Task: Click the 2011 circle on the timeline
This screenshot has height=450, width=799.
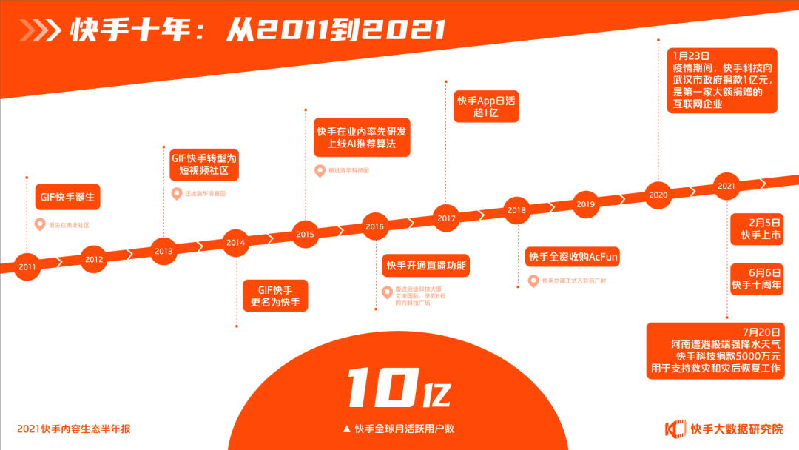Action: [27, 266]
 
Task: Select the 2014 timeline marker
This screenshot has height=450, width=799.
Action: [235, 242]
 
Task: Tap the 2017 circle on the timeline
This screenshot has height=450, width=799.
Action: [446, 218]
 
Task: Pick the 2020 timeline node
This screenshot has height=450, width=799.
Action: [658, 195]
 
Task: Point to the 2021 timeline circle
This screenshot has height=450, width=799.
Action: [726, 186]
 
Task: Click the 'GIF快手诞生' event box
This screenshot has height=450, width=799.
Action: [67, 198]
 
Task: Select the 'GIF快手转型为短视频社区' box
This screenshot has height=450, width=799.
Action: [200, 164]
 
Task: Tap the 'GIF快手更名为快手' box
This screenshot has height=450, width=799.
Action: [276, 295]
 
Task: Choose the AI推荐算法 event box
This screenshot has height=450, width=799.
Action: [361, 137]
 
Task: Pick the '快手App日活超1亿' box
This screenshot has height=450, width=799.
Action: [485, 107]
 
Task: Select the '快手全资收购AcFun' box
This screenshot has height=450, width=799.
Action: [573, 258]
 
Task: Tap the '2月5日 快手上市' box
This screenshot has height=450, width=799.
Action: [755, 229]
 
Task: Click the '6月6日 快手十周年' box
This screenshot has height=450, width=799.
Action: [755, 278]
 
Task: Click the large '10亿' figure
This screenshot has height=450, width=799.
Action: [399, 386]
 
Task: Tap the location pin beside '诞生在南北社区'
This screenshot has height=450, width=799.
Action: [40, 224]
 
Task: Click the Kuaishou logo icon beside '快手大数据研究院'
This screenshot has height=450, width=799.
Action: [675, 429]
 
